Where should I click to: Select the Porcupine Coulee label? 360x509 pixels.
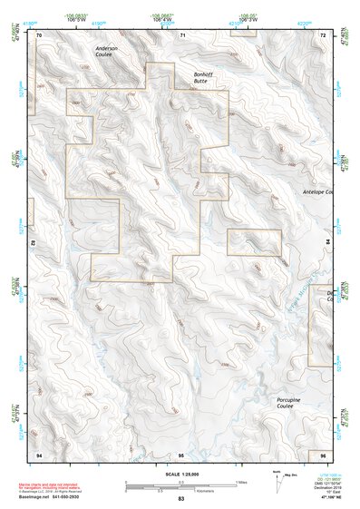290,403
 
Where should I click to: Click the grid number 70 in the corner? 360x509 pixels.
39,34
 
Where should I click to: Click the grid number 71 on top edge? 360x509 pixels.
182,34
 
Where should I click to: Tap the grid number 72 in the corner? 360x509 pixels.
323,34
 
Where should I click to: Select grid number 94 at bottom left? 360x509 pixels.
39,453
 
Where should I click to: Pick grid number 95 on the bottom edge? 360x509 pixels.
181,453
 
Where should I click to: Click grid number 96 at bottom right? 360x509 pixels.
323,453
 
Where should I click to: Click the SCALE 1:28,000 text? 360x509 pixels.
180,475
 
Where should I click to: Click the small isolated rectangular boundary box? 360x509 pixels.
254,242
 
